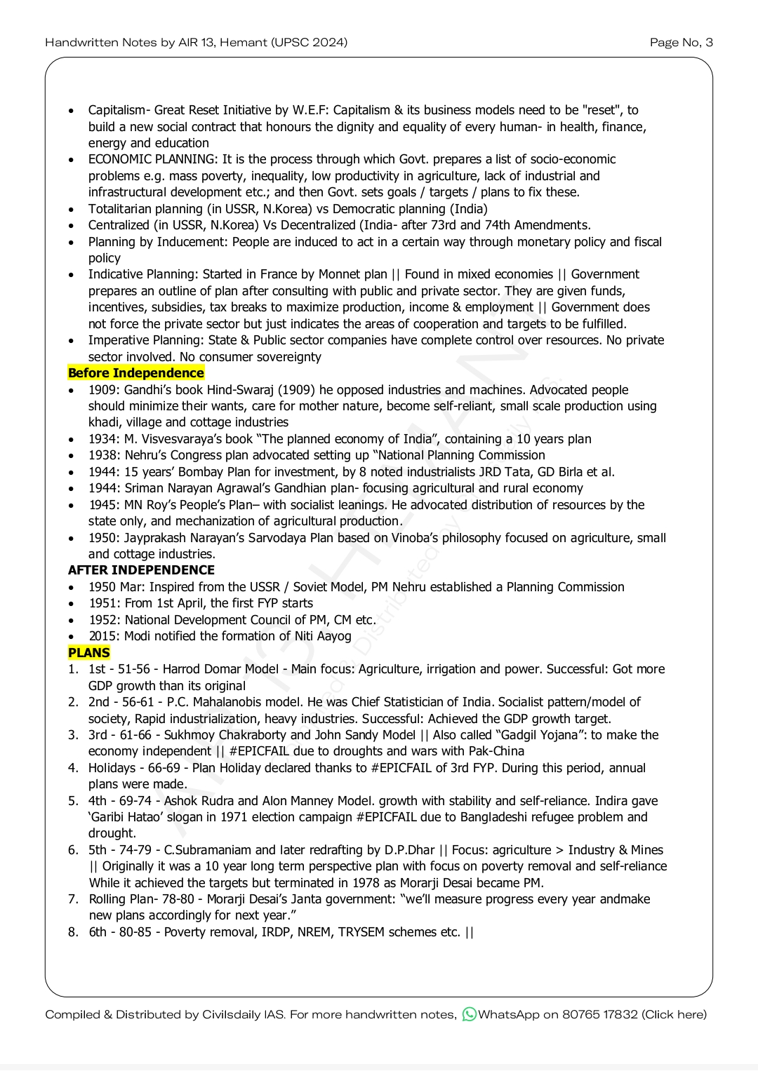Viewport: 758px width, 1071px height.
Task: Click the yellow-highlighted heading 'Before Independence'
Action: point(136,373)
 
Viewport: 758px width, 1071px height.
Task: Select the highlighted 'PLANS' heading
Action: point(89,653)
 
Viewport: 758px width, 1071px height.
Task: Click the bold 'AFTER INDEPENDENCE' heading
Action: point(141,570)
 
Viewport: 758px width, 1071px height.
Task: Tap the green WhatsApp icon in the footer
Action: point(469,1014)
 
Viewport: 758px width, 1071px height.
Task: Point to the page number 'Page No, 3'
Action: point(681,43)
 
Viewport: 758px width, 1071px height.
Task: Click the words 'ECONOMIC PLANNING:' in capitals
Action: point(153,159)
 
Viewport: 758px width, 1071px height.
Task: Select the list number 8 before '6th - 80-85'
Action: point(73,932)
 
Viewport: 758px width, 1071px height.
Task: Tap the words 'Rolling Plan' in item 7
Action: point(117,899)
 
